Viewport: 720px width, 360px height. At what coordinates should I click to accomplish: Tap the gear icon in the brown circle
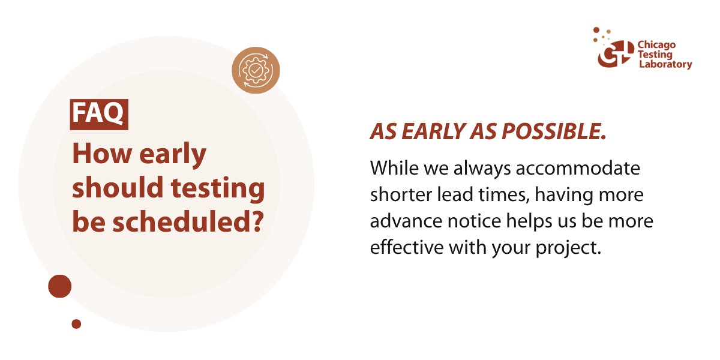tap(256, 71)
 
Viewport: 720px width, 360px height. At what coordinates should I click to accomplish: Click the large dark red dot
tap(60, 286)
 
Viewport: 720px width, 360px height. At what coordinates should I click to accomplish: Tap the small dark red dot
tap(76, 324)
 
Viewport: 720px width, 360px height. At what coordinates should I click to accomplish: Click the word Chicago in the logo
tap(656, 45)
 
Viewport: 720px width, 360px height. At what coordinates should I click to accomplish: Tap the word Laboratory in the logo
tap(664, 64)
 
